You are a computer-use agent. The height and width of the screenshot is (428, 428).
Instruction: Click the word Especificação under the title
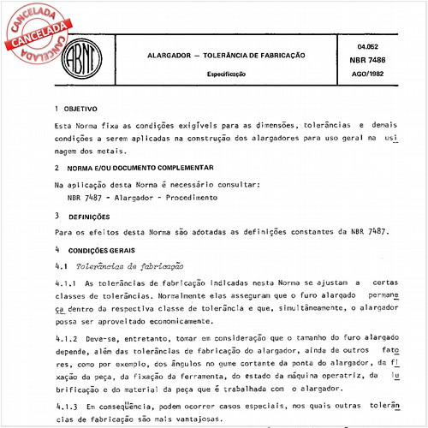tap(225, 74)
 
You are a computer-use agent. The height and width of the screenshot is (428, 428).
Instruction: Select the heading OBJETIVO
tap(82, 110)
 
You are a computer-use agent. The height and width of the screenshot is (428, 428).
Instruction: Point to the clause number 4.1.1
tap(66, 282)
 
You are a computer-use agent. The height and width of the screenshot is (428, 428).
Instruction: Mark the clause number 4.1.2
tap(66, 339)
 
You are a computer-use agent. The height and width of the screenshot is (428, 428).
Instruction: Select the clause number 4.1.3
tap(66, 406)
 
